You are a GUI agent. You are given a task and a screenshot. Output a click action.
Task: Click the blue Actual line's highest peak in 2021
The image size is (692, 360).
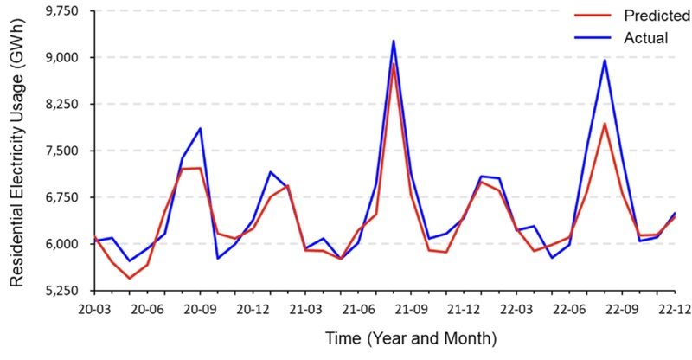[x=394, y=41]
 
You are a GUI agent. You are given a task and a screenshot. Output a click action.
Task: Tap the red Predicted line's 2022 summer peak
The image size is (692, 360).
[x=605, y=124]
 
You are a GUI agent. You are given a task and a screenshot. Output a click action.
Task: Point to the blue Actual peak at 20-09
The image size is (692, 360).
[x=200, y=128]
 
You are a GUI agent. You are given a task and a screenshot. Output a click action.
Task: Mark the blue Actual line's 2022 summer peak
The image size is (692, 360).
[x=605, y=60]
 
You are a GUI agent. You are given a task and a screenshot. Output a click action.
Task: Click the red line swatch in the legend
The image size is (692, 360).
[x=591, y=16]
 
